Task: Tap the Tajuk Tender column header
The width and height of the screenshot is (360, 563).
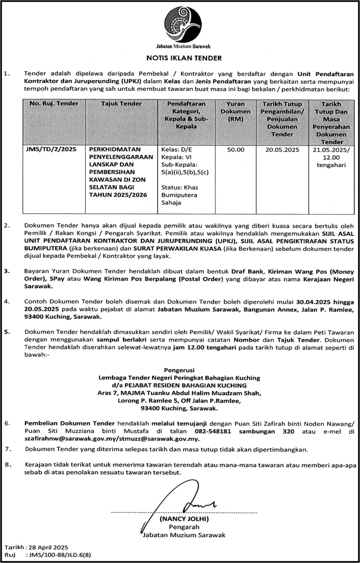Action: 121,104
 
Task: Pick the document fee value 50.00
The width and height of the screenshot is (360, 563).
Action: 235,150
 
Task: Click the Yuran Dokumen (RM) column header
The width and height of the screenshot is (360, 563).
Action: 235,111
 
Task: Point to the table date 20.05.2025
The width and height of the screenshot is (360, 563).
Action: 282,150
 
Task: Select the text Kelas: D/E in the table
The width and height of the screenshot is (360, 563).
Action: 177,150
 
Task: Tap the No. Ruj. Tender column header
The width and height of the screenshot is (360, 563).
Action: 54,104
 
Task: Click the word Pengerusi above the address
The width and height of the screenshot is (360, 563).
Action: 179,370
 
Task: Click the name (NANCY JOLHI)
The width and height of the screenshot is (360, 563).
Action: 184,519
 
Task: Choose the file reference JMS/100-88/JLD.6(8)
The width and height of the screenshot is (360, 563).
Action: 59,555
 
